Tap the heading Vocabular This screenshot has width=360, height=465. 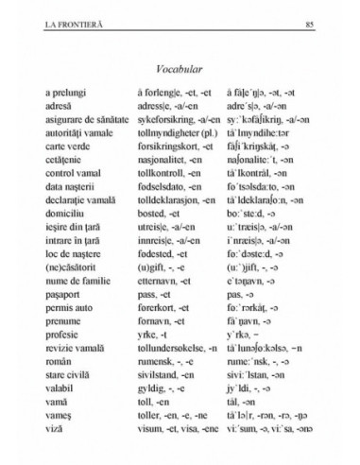tap(180, 67)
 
